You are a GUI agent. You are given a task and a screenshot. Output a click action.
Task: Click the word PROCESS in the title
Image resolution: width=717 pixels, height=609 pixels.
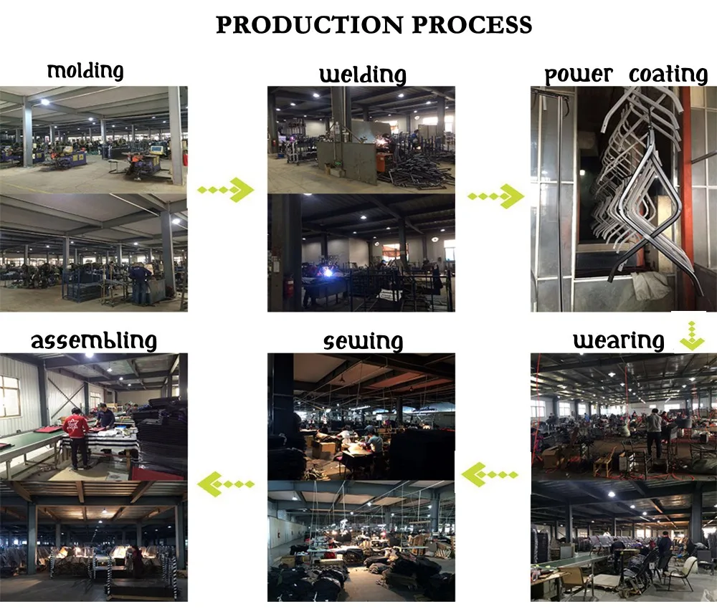pyautogui.click(x=473, y=24)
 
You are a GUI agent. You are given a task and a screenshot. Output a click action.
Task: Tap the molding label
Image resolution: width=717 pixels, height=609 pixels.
pyautogui.click(x=85, y=71)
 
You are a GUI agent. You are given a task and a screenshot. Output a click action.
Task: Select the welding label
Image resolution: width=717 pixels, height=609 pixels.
pyautogui.click(x=362, y=75)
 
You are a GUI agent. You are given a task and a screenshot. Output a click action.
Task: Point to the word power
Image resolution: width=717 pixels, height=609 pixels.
pyautogui.click(x=579, y=75)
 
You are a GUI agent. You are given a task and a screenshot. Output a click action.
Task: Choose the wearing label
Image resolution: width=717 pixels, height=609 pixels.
pyautogui.click(x=618, y=340)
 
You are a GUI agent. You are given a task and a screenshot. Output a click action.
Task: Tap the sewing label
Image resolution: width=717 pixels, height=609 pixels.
pyautogui.click(x=363, y=341)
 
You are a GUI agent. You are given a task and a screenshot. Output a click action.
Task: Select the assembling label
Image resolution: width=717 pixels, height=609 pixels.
pyautogui.click(x=93, y=340)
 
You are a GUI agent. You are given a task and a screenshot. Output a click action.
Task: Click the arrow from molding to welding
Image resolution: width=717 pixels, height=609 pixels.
pyautogui.click(x=226, y=190)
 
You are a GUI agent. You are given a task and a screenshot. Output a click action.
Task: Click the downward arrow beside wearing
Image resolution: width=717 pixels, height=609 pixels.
pyautogui.click(x=692, y=335)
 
